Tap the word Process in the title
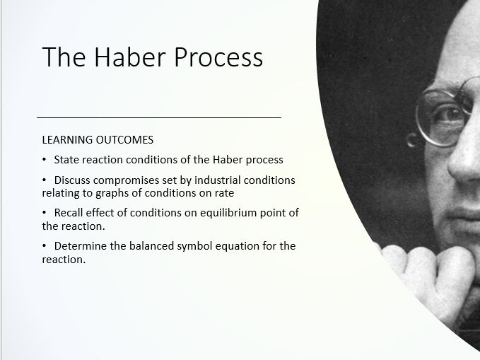coord(218,57)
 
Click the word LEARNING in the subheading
coord(67,140)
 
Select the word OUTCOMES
coord(124,140)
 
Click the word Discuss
coord(72,180)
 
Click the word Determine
coord(81,245)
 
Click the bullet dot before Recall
coord(45,212)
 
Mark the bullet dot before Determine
coord(45,245)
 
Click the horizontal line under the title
coord(159,117)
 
